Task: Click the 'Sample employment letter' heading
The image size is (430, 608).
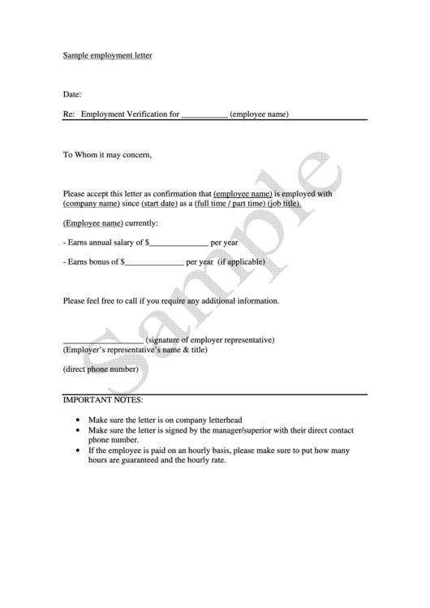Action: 108,56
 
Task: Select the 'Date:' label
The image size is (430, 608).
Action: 72,95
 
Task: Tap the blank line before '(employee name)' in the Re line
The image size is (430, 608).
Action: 204,115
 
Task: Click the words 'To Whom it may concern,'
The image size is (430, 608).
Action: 108,154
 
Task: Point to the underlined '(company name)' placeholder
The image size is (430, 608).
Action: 90,204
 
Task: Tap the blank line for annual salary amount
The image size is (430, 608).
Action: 178,243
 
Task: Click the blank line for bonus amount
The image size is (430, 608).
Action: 154,262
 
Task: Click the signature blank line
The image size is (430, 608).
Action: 103,340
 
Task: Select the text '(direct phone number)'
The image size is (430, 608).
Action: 101,369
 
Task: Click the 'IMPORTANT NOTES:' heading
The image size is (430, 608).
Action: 103,400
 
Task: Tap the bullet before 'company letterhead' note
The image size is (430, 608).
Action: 76,420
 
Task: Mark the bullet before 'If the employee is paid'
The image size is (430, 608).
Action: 76,450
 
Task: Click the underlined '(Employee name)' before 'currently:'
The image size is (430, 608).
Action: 93,223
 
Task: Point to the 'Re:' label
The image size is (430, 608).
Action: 69,115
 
